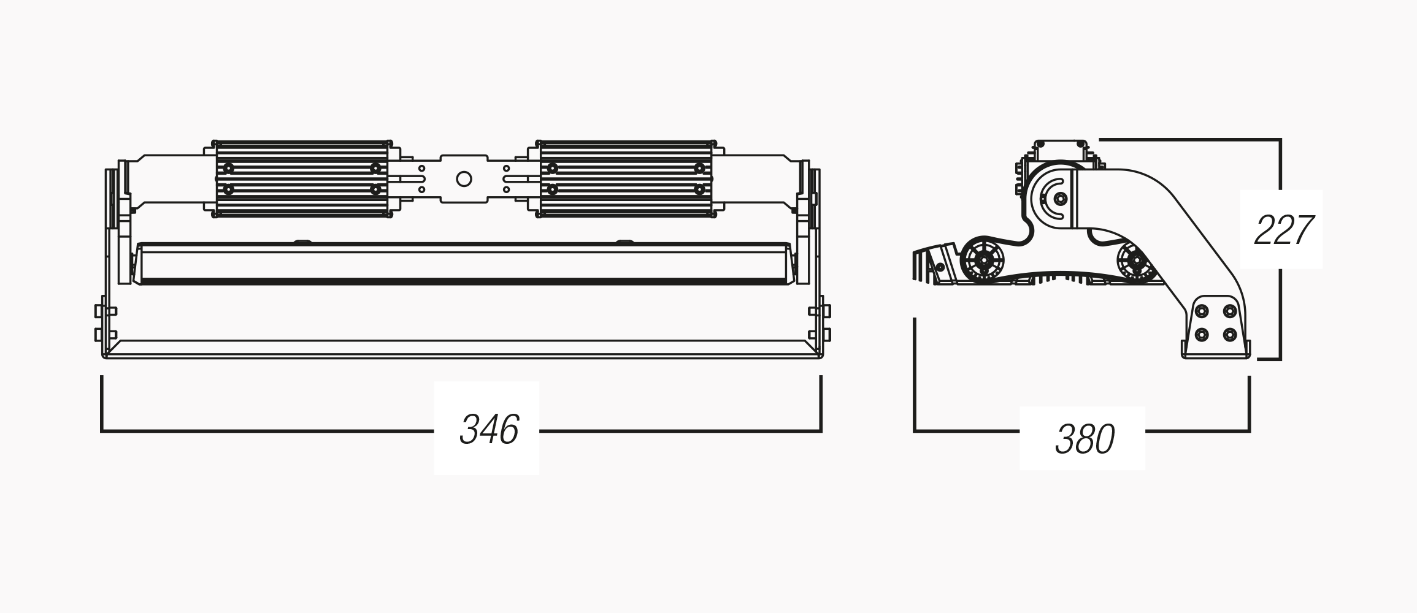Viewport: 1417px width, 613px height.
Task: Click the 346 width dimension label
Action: point(489,429)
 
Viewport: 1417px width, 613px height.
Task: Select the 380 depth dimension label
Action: point(1085,439)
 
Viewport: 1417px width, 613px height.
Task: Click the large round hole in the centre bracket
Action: point(464,179)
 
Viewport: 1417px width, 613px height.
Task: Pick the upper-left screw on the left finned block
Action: point(229,168)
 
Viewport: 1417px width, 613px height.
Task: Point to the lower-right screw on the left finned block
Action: point(375,190)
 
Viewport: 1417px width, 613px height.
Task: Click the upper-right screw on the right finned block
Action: point(699,168)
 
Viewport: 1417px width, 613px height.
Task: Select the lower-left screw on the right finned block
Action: point(552,190)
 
